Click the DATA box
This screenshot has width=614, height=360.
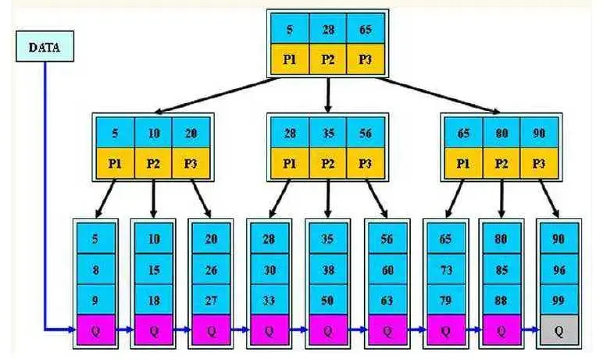(45, 47)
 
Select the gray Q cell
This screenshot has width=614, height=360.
(558, 330)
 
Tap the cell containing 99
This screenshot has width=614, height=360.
(558, 298)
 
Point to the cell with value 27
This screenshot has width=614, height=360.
(211, 298)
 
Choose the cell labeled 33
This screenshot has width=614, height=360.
(269, 298)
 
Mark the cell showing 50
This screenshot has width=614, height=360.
(327, 298)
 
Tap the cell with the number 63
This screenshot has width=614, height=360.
(387, 298)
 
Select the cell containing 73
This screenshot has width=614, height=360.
(445, 269)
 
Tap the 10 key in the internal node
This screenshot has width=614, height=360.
(154, 134)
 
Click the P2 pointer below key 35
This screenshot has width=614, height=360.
(327, 164)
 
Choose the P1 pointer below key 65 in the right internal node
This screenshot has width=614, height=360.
(462, 164)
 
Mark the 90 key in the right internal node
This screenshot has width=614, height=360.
(539, 134)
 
